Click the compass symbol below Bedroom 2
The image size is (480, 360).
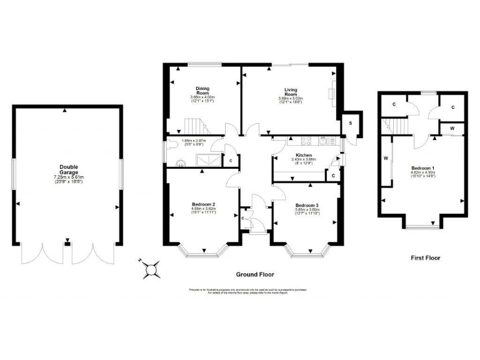tap(151, 269)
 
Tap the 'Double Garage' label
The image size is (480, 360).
tap(69, 169)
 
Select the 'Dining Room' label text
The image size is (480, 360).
tap(202, 90)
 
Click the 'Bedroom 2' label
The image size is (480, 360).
tap(203, 204)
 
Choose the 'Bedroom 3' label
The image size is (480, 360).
tap(306, 206)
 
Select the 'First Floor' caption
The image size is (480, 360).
tap(425, 257)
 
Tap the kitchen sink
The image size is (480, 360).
tap(324, 139)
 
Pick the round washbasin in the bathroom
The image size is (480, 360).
tap(181, 164)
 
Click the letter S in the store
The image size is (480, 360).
tap(351, 123)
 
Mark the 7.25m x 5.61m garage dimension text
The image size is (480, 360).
tap(69, 177)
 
